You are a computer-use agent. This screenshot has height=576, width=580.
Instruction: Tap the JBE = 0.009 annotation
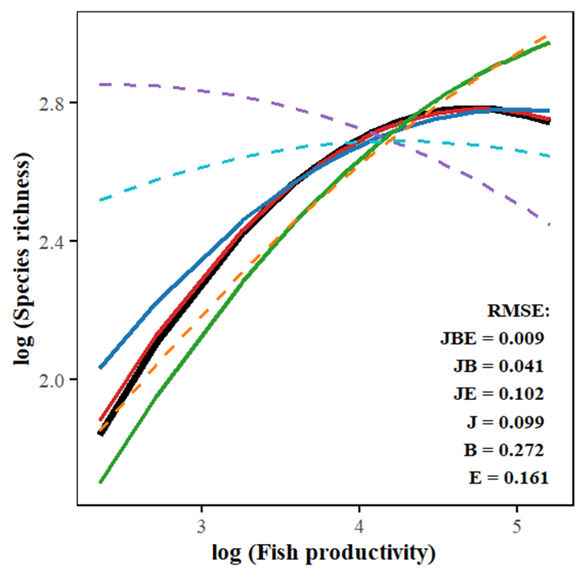tap(492, 338)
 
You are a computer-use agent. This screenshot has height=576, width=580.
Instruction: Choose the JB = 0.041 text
tap(498, 365)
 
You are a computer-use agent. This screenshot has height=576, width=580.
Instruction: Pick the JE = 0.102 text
tap(498, 393)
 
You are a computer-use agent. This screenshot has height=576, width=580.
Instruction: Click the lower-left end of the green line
tap(101, 482)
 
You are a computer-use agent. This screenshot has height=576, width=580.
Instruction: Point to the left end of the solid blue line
tap(100, 367)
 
